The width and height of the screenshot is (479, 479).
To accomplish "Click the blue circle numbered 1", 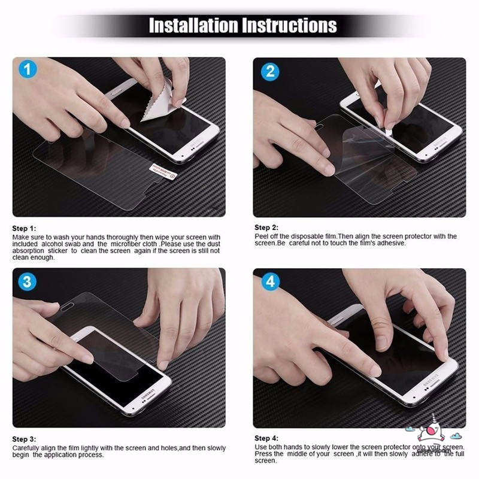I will (x=28, y=70).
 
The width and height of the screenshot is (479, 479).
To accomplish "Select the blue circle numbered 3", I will (x=28, y=281).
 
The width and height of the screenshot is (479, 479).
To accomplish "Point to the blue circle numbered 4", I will (x=270, y=281).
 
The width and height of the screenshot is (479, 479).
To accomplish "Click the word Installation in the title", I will (x=193, y=25).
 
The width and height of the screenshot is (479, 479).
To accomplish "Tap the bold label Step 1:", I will (x=25, y=229).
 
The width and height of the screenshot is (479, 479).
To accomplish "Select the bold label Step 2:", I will (x=266, y=228).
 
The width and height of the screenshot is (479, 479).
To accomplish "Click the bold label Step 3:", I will (x=25, y=439).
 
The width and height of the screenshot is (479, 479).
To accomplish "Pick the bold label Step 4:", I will (x=266, y=438).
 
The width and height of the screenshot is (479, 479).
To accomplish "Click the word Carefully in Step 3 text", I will (x=26, y=448).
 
